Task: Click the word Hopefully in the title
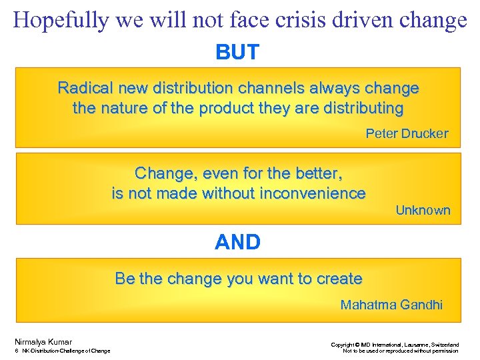point(59,21)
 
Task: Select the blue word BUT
point(237,53)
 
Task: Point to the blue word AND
point(237,243)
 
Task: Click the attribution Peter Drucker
point(407,133)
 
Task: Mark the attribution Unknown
point(423,211)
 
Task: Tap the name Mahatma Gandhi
point(391,305)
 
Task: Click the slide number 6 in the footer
point(15,351)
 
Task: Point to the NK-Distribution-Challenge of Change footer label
point(66,351)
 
